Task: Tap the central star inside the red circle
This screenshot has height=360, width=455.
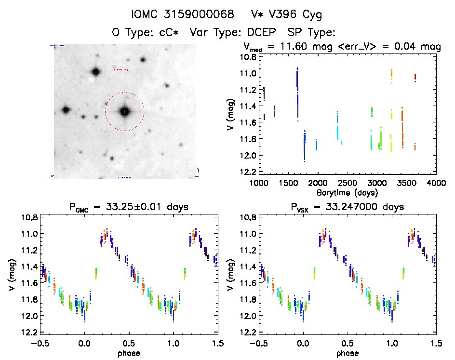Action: point(125,111)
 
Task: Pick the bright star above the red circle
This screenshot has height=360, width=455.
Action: point(95,72)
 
